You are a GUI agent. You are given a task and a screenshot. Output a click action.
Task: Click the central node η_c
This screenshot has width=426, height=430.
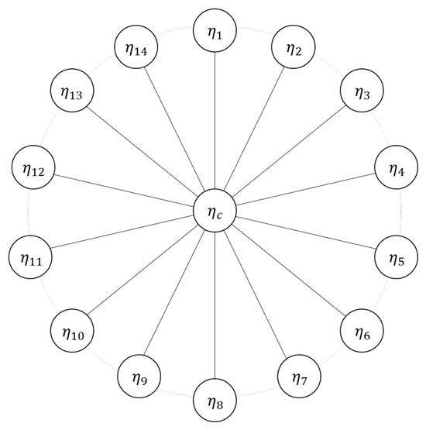[215, 211]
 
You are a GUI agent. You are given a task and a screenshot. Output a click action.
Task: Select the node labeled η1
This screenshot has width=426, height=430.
[215, 30]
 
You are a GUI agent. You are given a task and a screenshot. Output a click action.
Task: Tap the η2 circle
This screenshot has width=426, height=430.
[294, 47]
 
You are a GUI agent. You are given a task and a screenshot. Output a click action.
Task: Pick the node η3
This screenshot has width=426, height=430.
[362, 91]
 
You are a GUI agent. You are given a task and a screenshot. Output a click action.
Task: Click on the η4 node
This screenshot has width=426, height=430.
[397, 167]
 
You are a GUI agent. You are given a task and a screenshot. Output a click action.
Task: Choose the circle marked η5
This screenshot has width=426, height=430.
[397, 257]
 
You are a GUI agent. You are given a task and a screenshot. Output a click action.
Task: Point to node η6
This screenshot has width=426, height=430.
[362, 331]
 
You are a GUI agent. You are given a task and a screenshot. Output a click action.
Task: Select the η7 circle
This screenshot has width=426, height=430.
[299, 377]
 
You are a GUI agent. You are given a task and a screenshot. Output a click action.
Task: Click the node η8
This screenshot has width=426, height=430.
[215, 400]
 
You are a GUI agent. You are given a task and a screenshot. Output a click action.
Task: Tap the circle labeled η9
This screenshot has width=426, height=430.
[139, 377]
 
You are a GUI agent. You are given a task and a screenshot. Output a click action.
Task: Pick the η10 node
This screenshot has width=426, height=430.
[72, 331]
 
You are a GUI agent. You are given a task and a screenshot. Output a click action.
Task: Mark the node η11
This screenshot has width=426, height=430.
[30, 257]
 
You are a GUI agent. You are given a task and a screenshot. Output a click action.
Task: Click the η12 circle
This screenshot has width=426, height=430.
[33, 167]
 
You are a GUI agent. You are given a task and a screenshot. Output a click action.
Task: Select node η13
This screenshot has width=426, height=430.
[72, 91]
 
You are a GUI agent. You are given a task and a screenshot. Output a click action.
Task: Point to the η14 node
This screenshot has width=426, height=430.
[136, 47]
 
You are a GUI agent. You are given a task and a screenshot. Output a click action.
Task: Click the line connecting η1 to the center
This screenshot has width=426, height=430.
[215, 120]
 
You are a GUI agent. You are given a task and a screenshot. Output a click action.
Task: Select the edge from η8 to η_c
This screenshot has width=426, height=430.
[215, 305]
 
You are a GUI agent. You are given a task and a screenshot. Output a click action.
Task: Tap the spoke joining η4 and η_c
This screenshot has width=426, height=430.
[305, 189]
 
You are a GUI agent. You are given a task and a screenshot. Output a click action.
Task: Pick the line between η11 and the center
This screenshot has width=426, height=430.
[122, 232]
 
